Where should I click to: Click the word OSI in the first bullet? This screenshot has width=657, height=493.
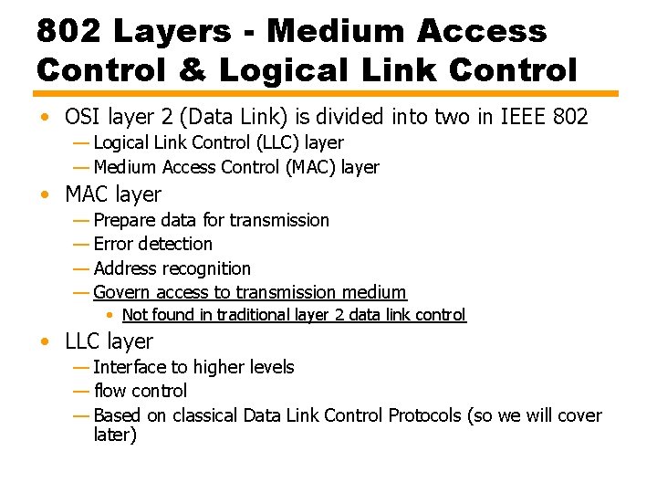click(x=83, y=117)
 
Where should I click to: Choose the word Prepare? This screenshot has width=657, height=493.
click(x=124, y=220)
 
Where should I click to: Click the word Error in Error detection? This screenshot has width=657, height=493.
click(x=113, y=244)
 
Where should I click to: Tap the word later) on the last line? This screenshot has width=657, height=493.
click(x=115, y=435)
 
